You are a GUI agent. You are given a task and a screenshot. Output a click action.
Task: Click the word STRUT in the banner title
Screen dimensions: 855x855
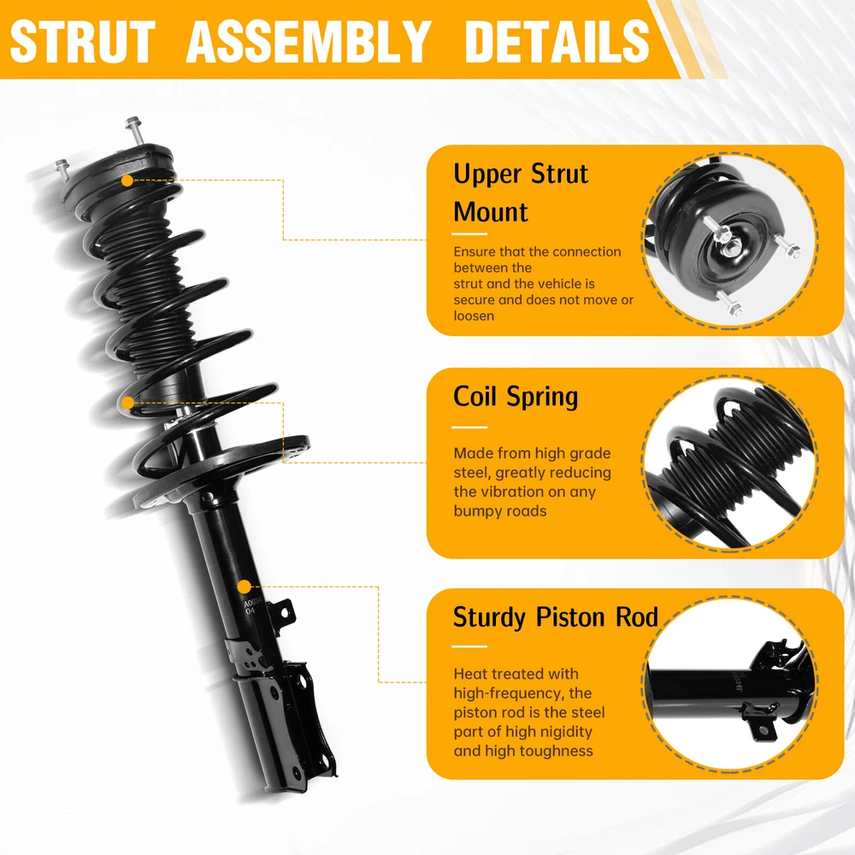[83, 41]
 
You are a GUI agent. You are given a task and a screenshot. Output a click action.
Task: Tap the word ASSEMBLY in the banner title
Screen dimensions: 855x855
[309, 41]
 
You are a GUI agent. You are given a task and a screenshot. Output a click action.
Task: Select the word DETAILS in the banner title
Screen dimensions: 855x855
[557, 41]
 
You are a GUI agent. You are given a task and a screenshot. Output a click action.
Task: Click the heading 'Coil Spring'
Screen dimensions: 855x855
[516, 397]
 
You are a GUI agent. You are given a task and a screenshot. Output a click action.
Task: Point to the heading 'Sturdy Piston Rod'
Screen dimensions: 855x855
[556, 617]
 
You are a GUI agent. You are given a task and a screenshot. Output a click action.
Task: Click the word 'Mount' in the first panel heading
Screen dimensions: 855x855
[491, 211]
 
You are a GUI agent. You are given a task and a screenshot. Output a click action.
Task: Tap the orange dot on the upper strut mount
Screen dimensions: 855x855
[127, 180]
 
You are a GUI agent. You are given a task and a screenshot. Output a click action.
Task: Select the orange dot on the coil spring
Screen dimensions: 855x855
[127, 403]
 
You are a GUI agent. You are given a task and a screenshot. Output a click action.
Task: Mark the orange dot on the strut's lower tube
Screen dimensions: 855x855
[244, 587]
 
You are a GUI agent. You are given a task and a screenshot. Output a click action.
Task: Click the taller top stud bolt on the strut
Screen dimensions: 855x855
[134, 131]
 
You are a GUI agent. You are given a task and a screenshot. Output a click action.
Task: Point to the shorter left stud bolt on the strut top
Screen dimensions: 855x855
[62, 169]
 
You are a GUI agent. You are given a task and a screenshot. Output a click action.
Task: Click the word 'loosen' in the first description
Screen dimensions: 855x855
[474, 315]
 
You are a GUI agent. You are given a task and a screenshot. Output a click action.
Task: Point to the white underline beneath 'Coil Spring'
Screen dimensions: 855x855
[469, 427]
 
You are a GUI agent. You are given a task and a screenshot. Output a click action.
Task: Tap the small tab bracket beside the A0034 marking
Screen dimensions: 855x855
[284, 610]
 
